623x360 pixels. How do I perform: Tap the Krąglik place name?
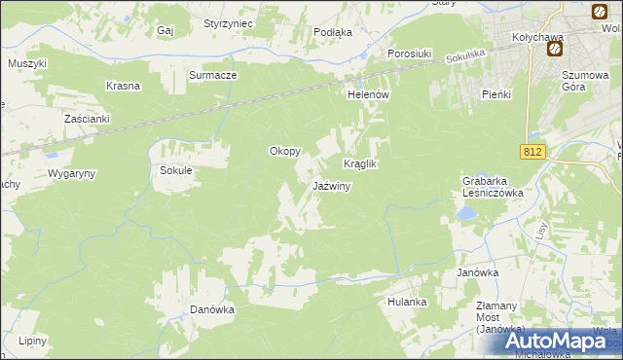click(359, 164)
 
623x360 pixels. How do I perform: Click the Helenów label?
click(369, 94)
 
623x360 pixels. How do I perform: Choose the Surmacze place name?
click(213, 74)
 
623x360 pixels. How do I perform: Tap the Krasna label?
click(124, 85)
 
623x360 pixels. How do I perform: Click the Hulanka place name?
click(407, 302)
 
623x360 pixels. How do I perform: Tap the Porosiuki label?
click(409, 54)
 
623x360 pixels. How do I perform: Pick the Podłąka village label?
click(333, 31)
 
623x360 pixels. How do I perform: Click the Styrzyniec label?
click(229, 22)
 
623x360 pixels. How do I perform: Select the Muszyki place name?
click(27, 62)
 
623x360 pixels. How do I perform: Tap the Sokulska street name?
click(464, 58)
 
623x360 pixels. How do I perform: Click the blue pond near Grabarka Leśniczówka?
click(469, 214)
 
